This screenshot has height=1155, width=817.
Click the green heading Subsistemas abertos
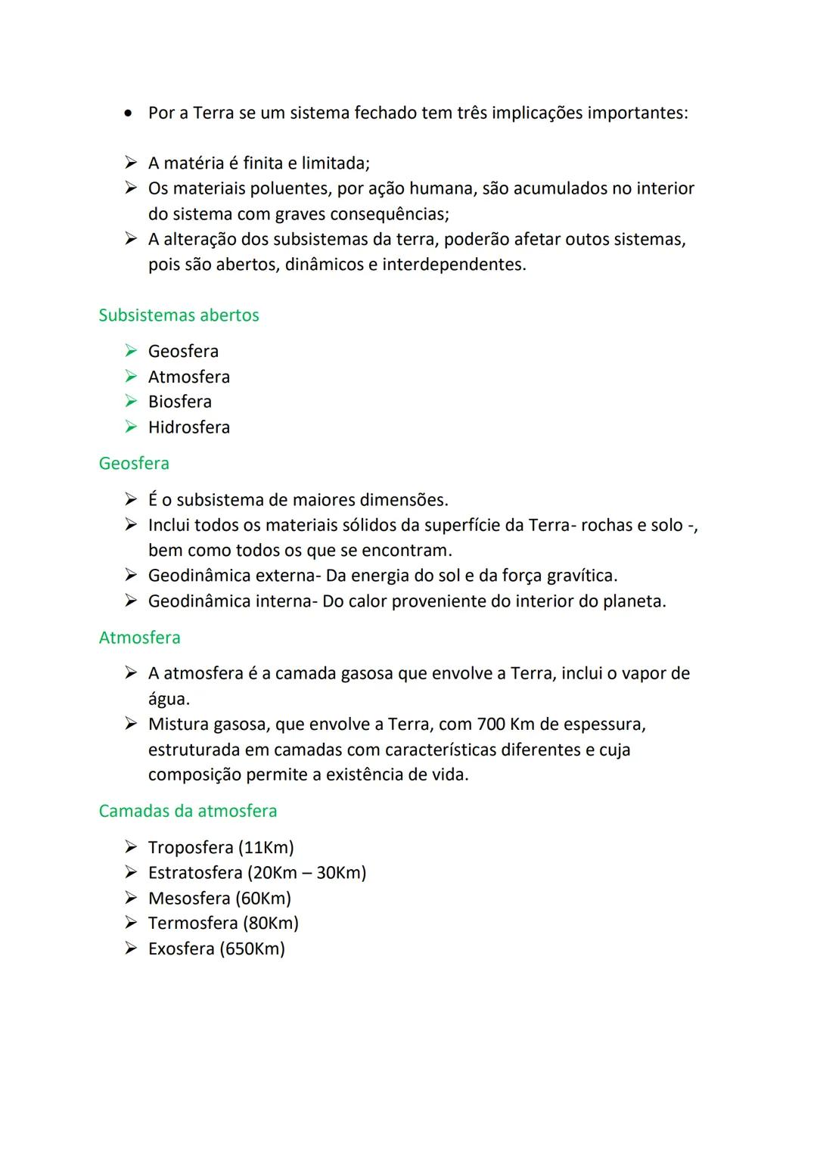[x=179, y=315]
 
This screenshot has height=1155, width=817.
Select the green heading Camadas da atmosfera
[x=188, y=811]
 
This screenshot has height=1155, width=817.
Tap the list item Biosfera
[x=180, y=402]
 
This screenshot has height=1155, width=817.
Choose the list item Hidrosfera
[x=189, y=427]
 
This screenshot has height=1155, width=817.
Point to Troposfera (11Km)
[x=221, y=847]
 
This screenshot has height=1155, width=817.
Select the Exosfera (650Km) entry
[x=216, y=949]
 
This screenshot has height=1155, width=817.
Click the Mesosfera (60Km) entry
[x=219, y=898]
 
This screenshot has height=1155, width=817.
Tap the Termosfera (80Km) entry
[x=223, y=924]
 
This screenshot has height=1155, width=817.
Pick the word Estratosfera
[x=195, y=873]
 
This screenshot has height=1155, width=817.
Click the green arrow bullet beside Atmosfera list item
[x=131, y=376]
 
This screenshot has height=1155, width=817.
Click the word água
[x=168, y=699]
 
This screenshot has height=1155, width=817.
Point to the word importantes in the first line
[x=637, y=113]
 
